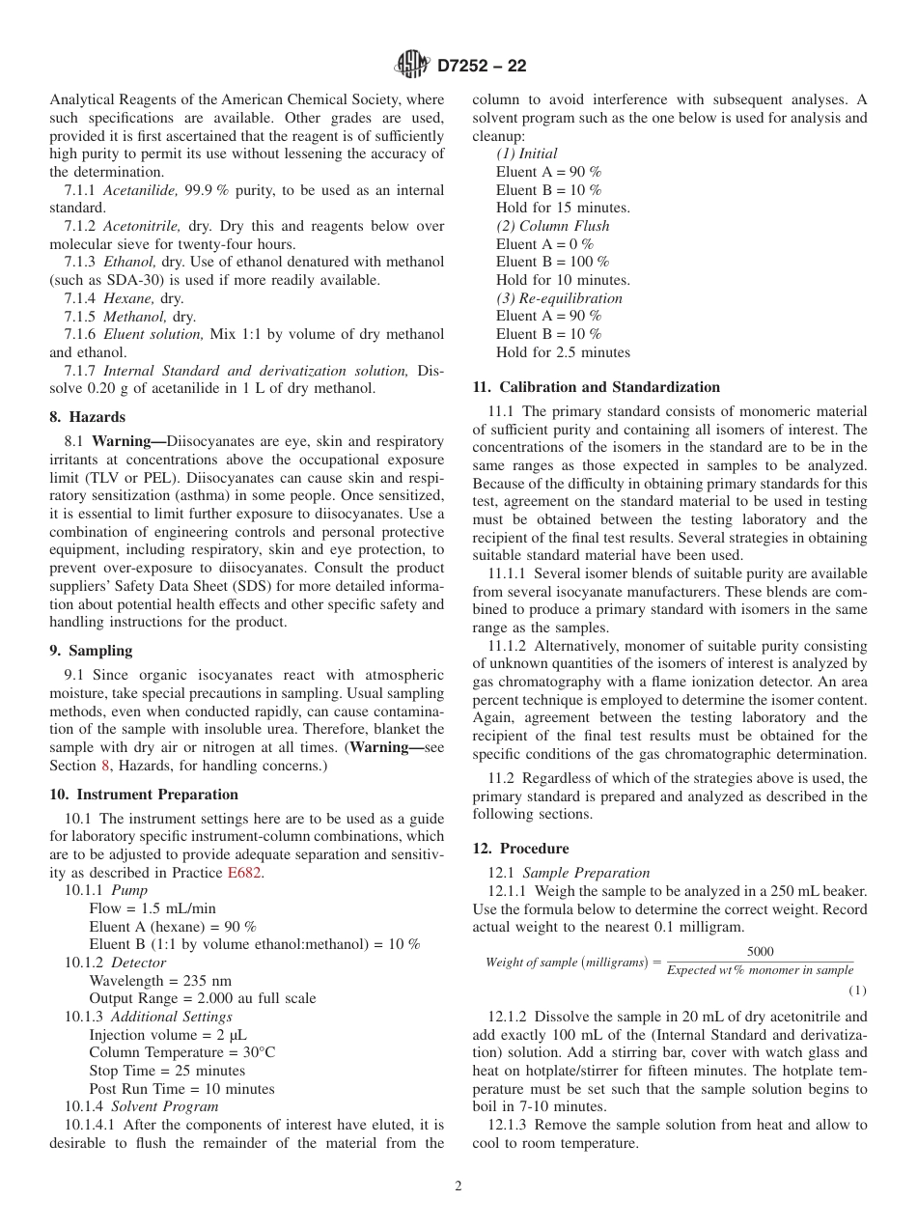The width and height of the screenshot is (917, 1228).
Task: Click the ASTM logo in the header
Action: click(x=412, y=66)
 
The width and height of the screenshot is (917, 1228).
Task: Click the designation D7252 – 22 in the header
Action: click(x=482, y=67)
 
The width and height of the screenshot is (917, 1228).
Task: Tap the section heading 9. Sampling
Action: click(x=91, y=651)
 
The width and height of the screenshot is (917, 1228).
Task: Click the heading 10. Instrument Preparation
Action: click(x=144, y=795)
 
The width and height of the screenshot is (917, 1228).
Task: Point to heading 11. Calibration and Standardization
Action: click(x=596, y=387)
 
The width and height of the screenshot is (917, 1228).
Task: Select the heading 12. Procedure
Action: click(x=520, y=849)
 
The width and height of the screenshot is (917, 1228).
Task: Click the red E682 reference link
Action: click(x=244, y=873)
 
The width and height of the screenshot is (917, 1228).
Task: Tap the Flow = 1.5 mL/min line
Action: click(x=153, y=908)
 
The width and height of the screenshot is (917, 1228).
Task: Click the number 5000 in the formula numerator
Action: click(x=760, y=952)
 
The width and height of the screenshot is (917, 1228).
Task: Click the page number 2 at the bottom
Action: click(x=458, y=1186)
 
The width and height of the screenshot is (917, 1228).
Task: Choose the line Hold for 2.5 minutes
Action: click(x=563, y=352)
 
